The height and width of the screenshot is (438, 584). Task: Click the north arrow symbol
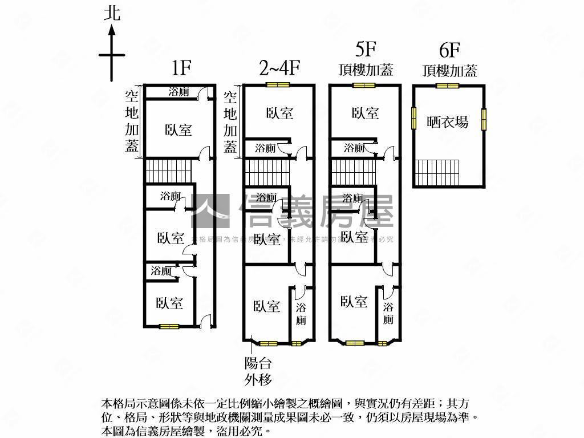[x=112, y=55]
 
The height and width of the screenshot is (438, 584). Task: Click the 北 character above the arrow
[x=112, y=13]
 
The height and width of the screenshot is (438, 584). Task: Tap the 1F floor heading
[x=181, y=68]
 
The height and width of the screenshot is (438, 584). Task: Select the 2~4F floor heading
[x=279, y=68]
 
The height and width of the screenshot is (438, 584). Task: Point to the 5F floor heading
[x=365, y=50]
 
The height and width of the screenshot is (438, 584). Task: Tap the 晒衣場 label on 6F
[x=448, y=121]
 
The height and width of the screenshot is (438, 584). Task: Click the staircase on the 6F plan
[x=437, y=172]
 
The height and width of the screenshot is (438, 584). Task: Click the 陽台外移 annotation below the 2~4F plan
[x=258, y=371]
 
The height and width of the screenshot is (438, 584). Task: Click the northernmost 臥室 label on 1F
[x=179, y=130]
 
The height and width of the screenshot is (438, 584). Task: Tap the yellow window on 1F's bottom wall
[x=169, y=327]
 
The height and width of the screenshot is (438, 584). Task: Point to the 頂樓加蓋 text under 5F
[x=365, y=70]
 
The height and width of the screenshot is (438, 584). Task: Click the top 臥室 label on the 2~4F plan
[x=279, y=113]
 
